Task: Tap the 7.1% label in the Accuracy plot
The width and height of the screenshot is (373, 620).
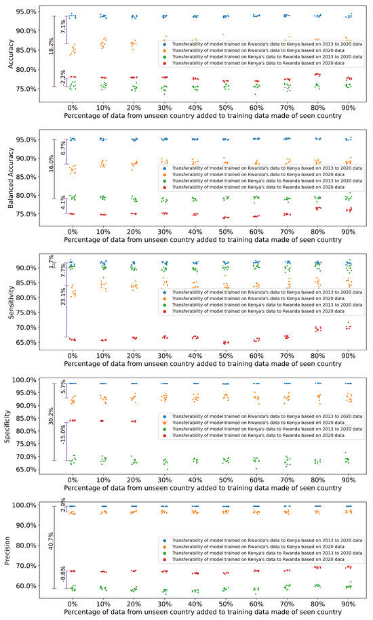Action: click(63, 27)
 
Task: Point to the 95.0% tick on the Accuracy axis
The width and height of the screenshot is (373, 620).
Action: click(28, 12)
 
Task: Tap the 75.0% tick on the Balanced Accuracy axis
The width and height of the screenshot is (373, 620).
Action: click(28, 213)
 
